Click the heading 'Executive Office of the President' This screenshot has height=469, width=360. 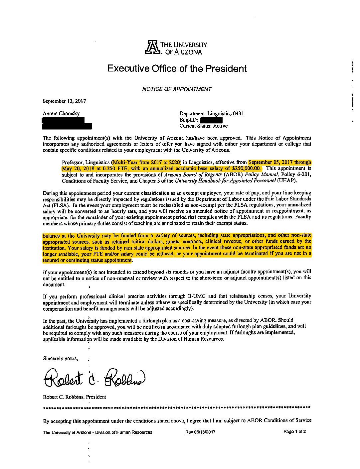click(x=177, y=68)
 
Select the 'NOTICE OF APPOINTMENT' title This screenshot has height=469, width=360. click(x=177, y=89)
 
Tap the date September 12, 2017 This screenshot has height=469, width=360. click(x=65, y=101)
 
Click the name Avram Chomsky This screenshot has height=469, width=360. click(x=61, y=113)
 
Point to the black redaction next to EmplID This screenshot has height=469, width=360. click(x=212, y=120)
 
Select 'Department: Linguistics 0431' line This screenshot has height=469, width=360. click(x=211, y=113)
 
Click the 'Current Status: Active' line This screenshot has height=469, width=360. click(x=203, y=126)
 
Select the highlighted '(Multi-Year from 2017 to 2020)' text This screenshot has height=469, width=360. click(x=146, y=163)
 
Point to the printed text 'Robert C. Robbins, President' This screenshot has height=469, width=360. click(x=75, y=397)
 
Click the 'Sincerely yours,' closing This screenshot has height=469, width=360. click(x=61, y=358)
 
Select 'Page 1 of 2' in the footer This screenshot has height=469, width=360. click(x=294, y=432)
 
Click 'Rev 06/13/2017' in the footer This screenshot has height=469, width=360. click(x=200, y=432)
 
